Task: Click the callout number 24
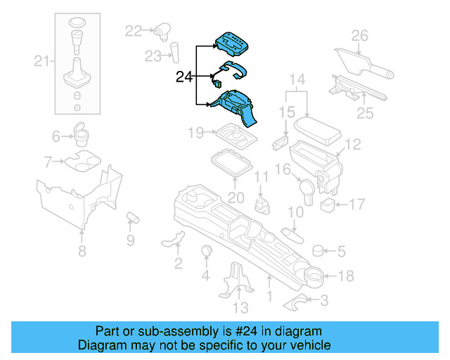[184, 76]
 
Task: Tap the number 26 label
[359, 35]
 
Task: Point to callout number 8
[82, 252]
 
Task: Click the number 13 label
[240, 307]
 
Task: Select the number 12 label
[352, 144]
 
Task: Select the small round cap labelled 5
[317, 250]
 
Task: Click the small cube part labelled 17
[327, 205]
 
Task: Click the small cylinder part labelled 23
[172, 52]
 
